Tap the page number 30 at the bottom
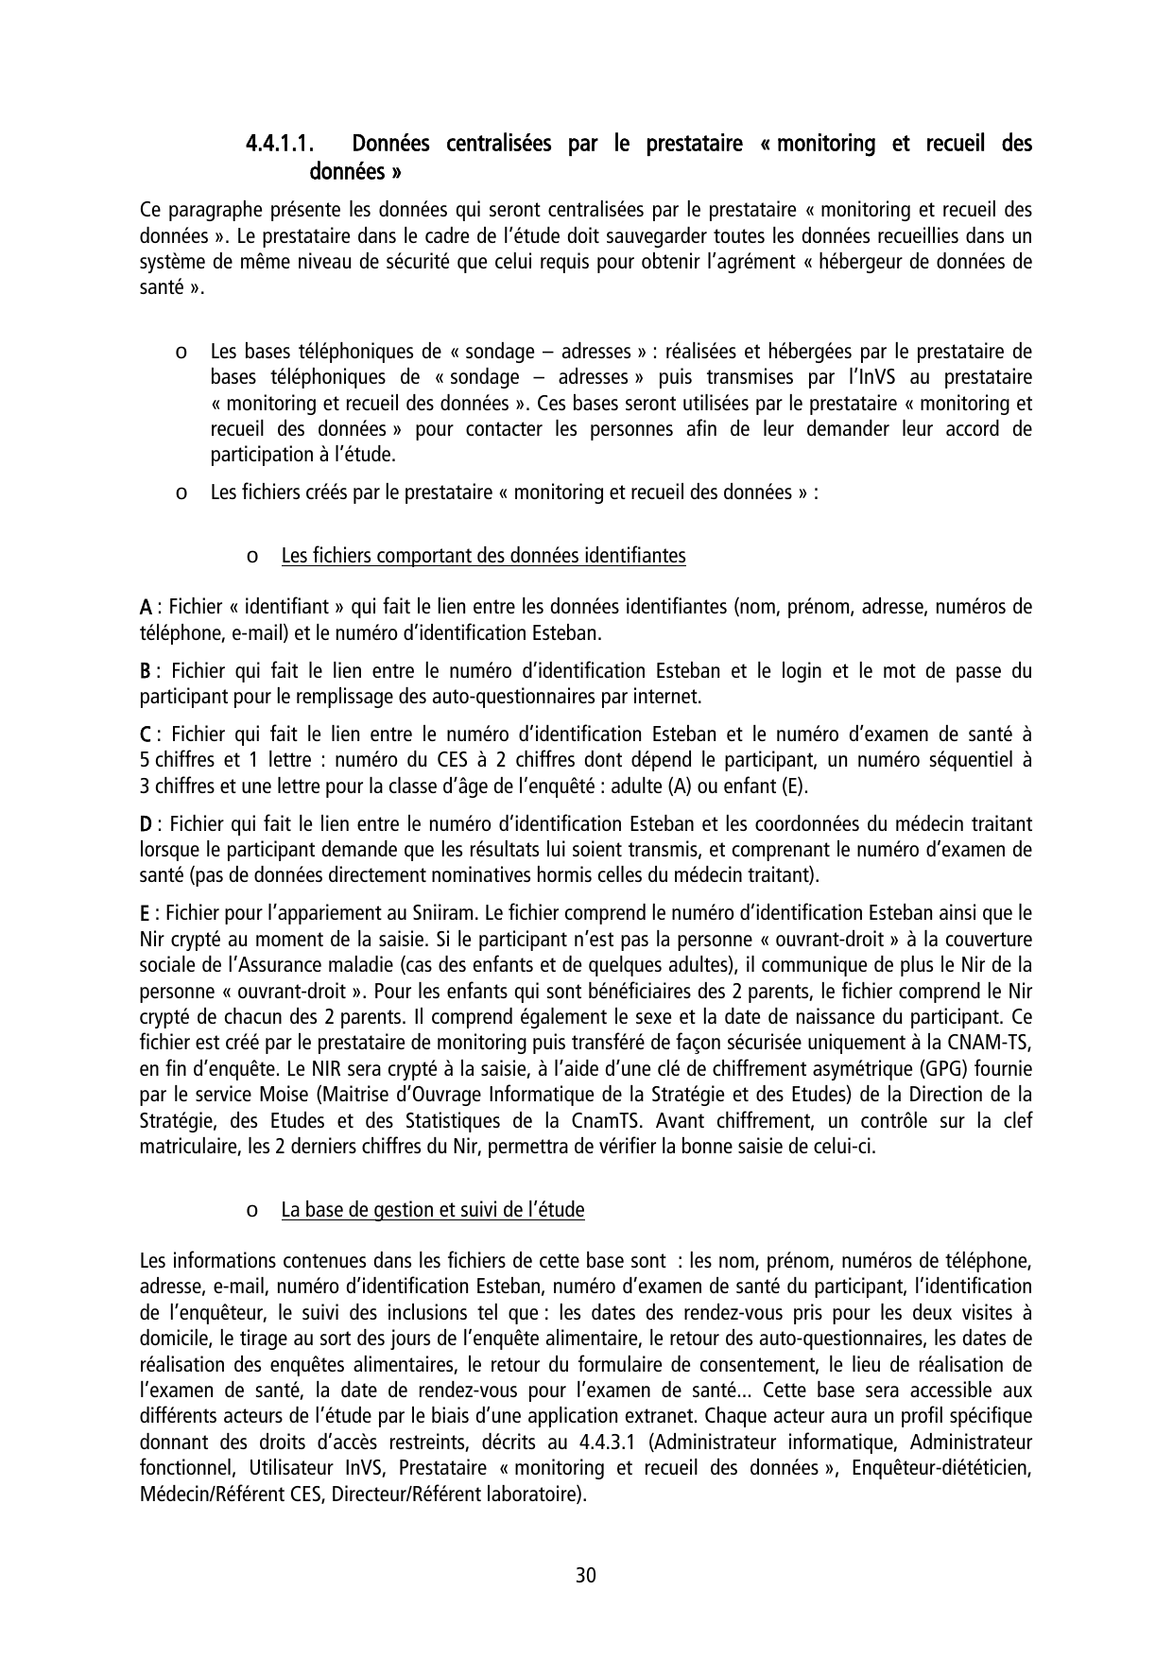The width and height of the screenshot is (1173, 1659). (586, 1576)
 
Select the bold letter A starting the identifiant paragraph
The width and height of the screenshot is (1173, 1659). (147, 606)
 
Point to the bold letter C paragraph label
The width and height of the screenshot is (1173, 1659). (147, 734)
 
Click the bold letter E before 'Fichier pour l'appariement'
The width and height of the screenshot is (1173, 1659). (146, 913)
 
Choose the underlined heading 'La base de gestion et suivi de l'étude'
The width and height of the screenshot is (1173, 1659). (433, 1210)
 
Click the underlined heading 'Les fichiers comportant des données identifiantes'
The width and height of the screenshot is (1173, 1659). (483, 556)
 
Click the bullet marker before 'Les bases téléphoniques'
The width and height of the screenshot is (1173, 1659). (180, 353)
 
